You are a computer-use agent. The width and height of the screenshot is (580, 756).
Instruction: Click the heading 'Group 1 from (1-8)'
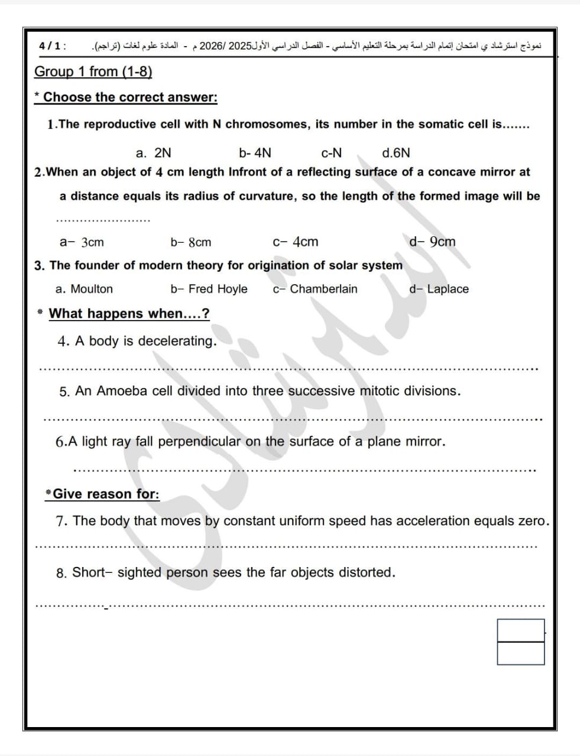(93, 72)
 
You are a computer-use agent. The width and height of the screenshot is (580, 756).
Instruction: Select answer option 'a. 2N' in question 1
(153, 153)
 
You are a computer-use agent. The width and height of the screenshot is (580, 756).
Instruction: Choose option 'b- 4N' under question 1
(255, 153)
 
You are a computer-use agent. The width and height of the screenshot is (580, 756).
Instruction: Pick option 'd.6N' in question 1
(396, 153)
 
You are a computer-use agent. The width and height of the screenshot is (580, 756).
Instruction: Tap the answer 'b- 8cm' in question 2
(190, 242)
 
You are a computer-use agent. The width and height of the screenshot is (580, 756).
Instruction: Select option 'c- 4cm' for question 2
(295, 242)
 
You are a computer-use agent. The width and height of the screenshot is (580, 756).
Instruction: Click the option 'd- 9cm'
(432, 242)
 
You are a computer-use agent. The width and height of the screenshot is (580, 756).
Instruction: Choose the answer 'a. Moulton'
(84, 289)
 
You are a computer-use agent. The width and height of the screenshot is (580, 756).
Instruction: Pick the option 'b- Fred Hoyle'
(209, 289)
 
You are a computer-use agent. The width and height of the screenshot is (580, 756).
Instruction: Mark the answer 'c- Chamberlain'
(315, 289)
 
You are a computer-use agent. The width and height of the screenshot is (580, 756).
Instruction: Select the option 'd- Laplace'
(439, 289)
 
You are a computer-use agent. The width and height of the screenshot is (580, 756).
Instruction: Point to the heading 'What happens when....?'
(129, 314)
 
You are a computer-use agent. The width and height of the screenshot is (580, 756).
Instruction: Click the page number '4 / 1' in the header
(51, 45)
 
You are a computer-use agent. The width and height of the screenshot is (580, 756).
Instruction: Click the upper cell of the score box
(520, 630)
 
